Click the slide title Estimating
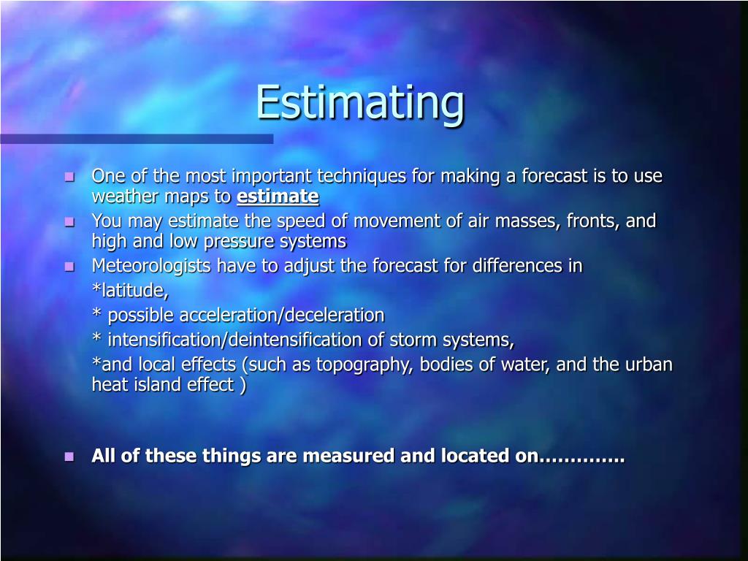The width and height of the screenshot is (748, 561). click(x=359, y=102)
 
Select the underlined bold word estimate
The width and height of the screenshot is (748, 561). click(x=278, y=196)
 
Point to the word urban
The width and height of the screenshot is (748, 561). click(x=649, y=365)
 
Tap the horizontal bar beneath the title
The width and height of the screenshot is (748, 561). click(x=137, y=138)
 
